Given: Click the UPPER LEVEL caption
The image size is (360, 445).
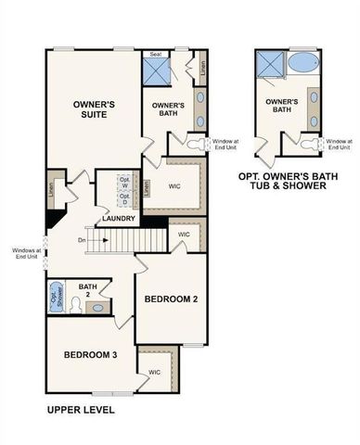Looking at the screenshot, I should (x=80, y=409).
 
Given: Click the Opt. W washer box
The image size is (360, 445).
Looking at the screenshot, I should (x=124, y=182).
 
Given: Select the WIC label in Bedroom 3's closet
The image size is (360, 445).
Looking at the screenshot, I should (x=153, y=373).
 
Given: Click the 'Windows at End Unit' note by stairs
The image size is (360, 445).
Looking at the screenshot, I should (x=24, y=252).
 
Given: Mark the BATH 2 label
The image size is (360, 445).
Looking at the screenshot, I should (x=88, y=291).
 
